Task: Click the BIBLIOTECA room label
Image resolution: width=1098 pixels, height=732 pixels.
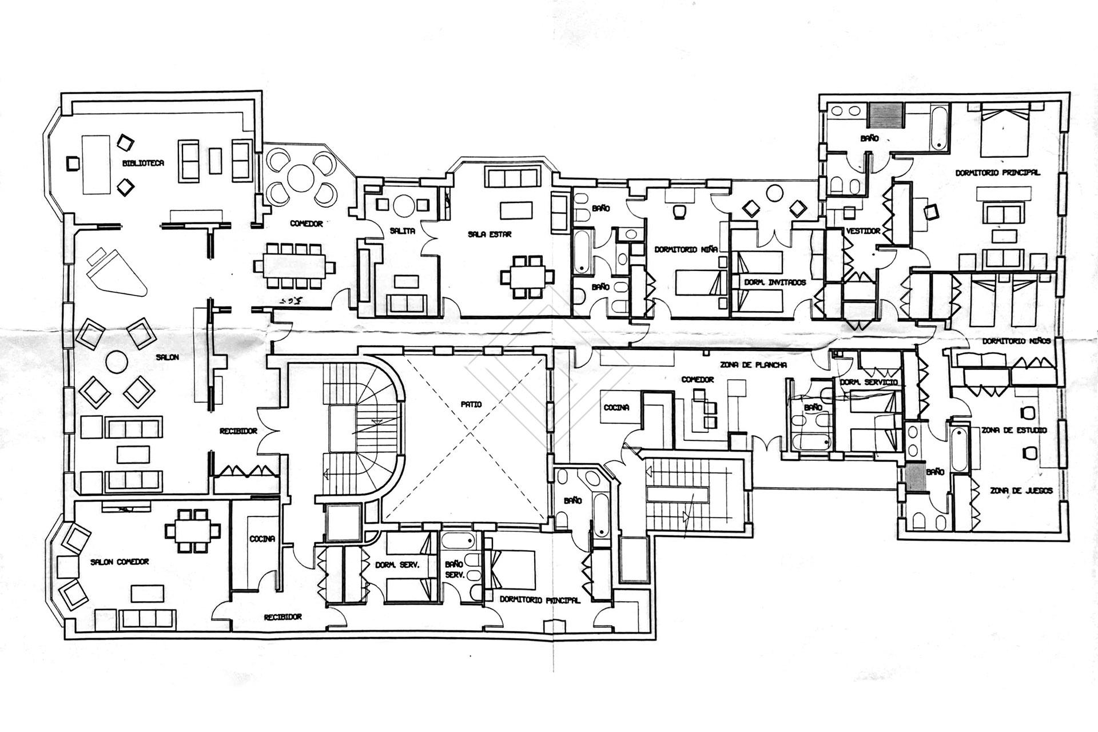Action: coord(143,163)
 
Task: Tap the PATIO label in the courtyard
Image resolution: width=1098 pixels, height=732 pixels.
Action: coord(471,404)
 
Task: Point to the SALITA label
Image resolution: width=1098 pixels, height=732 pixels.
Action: coord(402,231)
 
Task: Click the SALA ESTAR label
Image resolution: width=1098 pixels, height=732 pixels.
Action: coord(490,234)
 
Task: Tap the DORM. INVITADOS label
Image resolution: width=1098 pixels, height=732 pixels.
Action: coord(775,283)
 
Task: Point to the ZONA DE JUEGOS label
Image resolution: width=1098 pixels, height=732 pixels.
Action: coord(1021,491)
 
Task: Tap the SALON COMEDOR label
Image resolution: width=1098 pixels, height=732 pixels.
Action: coord(120,562)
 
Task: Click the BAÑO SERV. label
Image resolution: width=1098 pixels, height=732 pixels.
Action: coord(455,569)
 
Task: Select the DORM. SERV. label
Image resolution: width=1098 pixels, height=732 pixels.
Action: coord(397,564)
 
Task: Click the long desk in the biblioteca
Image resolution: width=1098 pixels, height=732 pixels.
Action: coord(96,164)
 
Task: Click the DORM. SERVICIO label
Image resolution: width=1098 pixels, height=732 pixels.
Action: coord(868,382)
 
